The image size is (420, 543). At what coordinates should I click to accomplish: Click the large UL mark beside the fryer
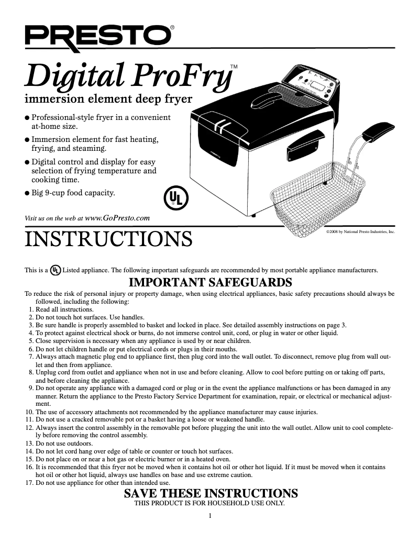click(x=175, y=198)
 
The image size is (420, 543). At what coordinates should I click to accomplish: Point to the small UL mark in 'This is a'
click(x=55, y=270)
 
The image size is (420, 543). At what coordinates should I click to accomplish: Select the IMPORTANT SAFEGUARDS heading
click(x=210, y=282)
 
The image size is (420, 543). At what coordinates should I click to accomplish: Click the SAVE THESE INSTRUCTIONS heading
click(x=211, y=493)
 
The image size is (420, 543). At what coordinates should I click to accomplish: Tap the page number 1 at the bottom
click(x=210, y=517)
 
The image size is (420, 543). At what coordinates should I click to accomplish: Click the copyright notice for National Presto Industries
click(x=360, y=230)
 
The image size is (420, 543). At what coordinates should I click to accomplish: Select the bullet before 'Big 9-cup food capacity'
click(x=28, y=193)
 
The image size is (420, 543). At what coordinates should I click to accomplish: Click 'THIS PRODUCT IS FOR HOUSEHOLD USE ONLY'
click(x=210, y=503)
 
